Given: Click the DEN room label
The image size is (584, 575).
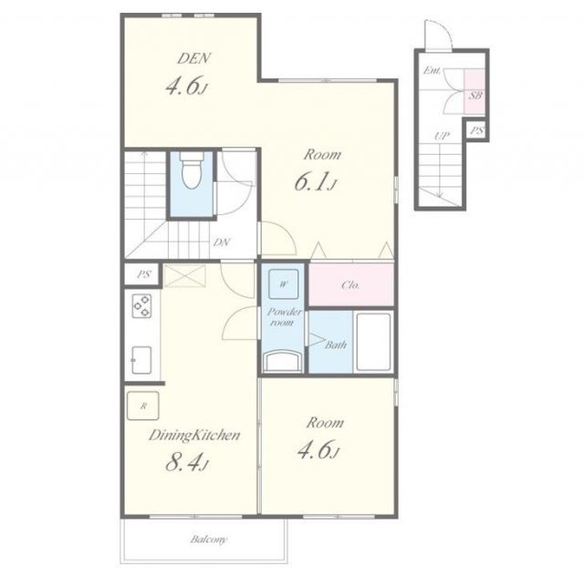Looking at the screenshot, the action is coord(193,58).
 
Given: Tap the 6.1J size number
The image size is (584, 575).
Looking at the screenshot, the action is coord(316,182).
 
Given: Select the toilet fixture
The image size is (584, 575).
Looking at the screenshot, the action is coord(192,169).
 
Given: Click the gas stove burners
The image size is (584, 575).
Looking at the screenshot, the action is coord(142,305).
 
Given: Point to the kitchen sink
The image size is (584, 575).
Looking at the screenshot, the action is coord(141,360).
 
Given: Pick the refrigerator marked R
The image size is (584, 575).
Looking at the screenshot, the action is coord(143,406).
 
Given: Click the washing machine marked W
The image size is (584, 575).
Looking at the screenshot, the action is coord(284,284).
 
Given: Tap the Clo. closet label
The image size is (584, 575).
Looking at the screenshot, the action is coord(350,285).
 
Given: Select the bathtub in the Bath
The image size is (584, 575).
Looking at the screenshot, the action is coord(373,342).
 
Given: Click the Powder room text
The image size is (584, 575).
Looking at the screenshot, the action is coord(284,317).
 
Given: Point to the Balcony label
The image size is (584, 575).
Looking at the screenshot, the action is coord(209,539).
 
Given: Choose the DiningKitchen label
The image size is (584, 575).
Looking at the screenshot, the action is coord(194,436).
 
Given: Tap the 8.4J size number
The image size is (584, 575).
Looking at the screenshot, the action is coord(186,462).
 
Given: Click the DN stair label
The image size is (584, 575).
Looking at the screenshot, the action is coord(222,243).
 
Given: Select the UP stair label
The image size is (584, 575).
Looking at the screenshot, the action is coord(442,136).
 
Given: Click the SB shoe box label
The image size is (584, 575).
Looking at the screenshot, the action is coord(475,96).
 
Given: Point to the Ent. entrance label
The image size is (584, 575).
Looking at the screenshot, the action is coord(432,70).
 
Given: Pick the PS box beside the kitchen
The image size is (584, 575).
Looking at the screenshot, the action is coord(143,274).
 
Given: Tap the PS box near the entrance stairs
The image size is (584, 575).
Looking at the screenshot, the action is coord(476,130).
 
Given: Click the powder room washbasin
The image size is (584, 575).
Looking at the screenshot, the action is coord(282,362).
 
